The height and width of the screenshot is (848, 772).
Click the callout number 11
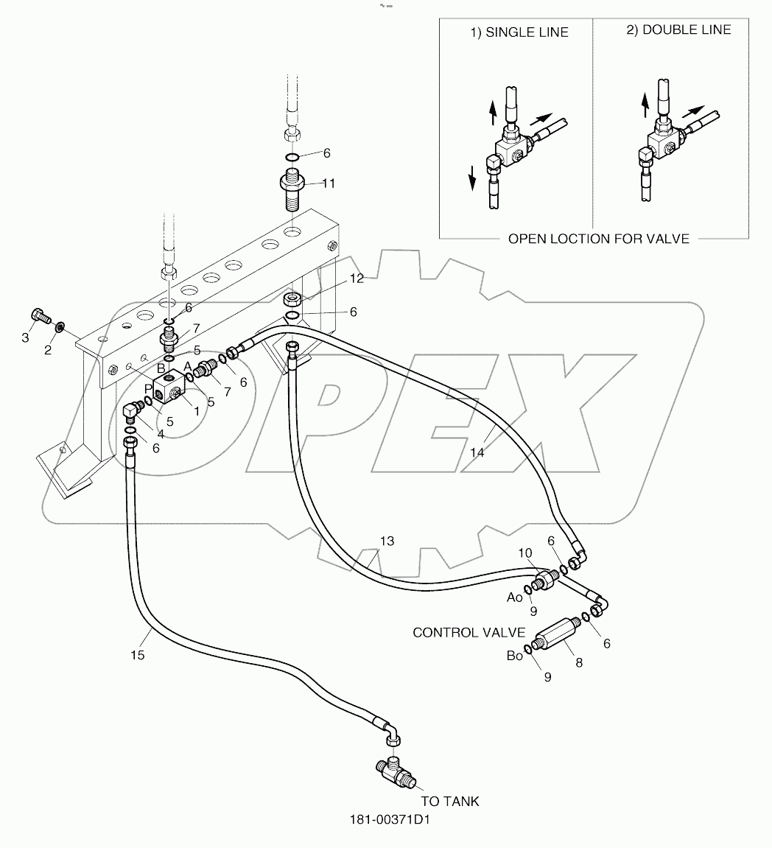(329, 183)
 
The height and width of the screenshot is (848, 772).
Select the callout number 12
(357, 278)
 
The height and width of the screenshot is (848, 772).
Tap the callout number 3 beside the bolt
(25, 337)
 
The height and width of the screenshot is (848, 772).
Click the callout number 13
(387, 541)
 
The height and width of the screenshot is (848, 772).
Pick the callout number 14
(477, 452)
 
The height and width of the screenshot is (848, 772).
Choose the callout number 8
(579, 662)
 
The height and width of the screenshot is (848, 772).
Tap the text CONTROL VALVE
(469, 632)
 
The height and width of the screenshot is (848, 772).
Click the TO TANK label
(449, 801)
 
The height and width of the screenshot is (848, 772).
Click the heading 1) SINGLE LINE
(520, 32)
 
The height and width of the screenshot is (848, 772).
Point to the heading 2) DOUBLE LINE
(678, 29)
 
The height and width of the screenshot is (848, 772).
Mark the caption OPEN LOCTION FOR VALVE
(599, 239)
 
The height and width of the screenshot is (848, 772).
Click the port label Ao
(514, 597)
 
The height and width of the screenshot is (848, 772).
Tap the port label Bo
(514, 654)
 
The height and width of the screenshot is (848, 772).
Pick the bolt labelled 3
(41, 316)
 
